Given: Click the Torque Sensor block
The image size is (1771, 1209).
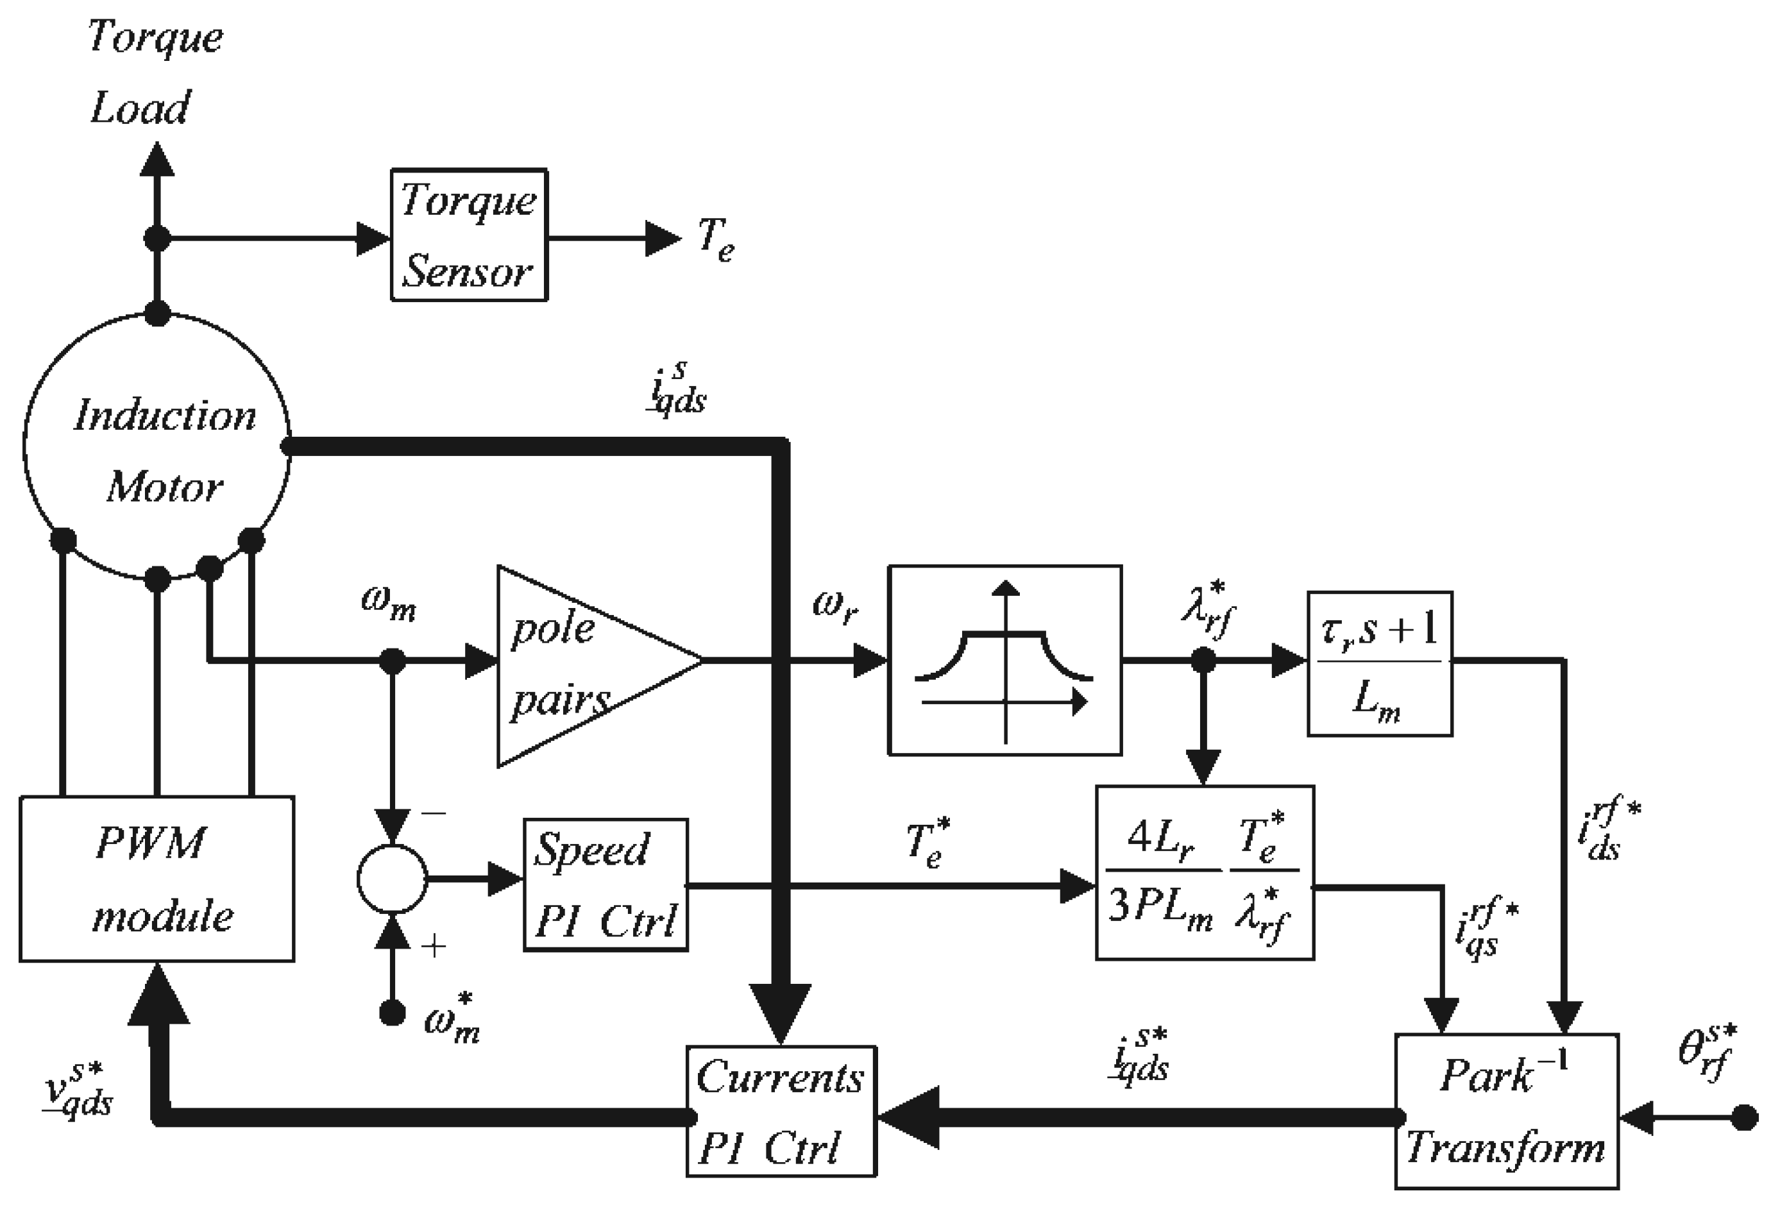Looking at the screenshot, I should pos(469,235).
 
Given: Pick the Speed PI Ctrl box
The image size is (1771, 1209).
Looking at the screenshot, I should pos(605,884).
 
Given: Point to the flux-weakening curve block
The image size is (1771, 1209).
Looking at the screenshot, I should pos(1004,660).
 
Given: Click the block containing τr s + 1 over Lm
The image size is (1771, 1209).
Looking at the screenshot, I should pos(1379,663).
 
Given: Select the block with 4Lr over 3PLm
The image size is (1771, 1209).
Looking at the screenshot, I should pos(1204,872).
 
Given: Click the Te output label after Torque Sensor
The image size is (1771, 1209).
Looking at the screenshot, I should pos(715,239).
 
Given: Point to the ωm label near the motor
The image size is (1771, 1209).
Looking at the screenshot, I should pos(389,605).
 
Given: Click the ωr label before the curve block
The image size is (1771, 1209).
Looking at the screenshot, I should pos(835,606).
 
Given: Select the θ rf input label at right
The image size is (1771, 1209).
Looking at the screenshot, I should pos(1707,1051).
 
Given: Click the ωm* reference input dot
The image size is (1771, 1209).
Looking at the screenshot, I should pos(392,1013).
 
